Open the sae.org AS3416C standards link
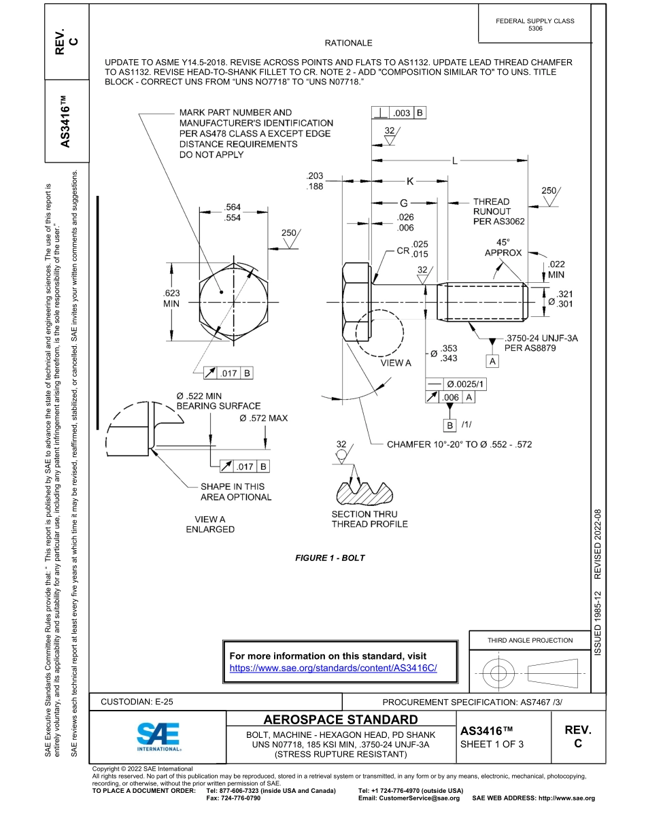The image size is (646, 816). pyautogui.click(x=333, y=668)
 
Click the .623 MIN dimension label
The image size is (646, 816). pyautogui.click(x=171, y=299)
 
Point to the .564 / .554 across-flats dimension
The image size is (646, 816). pyautogui.click(x=233, y=212)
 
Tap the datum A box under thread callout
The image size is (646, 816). pyautogui.click(x=493, y=362)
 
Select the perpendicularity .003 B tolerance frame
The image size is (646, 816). pyautogui.click(x=398, y=113)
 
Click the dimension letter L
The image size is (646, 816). pyautogui.click(x=453, y=161)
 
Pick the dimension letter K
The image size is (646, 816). pyautogui.click(x=410, y=182)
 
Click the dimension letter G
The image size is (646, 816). pyautogui.click(x=404, y=203)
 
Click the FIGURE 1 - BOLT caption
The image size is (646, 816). pyautogui.click(x=330, y=558)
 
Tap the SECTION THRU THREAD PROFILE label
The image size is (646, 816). pyautogui.click(x=369, y=519)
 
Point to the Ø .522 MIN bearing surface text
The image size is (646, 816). pyautogui.click(x=208, y=401)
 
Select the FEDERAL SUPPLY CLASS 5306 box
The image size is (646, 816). pyautogui.click(x=535, y=24)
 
